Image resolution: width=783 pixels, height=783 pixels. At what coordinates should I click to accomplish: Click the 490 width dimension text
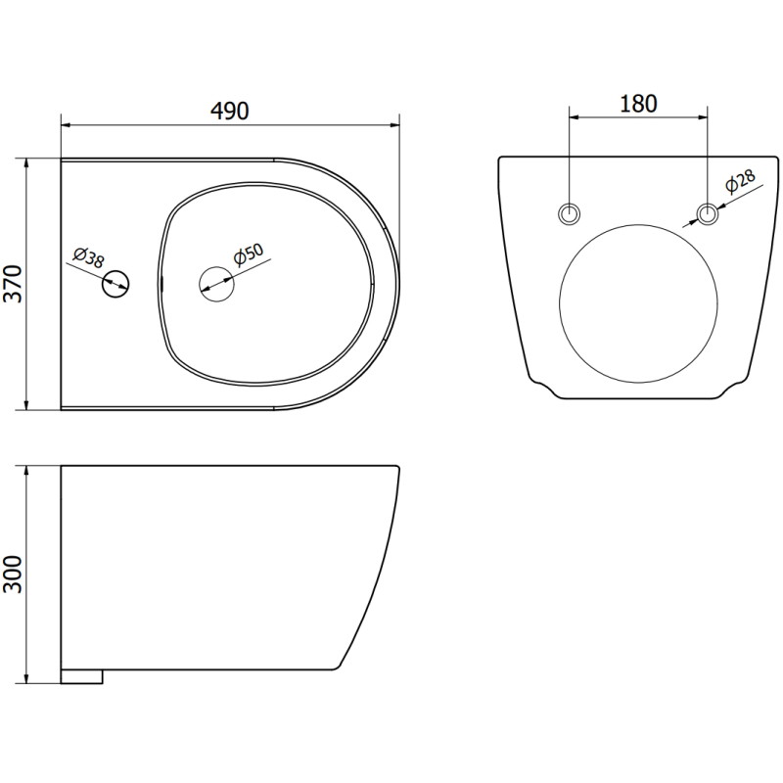tap(230, 111)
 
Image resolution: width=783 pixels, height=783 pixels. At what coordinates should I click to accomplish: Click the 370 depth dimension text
tap(14, 284)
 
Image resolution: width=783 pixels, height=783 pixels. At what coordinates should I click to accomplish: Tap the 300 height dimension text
tap(14, 575)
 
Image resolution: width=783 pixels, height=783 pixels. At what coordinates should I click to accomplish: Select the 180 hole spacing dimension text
tap(638, 104)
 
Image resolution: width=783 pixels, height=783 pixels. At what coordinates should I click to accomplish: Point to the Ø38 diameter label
tap(89, 257)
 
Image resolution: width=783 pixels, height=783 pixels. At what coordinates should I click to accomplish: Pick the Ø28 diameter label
tap(740, 181)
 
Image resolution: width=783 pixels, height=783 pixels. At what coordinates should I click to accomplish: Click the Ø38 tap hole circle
tap(115, 285)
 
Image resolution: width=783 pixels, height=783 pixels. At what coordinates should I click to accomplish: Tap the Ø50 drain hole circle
tap(216, 284)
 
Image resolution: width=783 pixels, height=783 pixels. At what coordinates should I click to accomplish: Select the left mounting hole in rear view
tap(569, 214)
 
